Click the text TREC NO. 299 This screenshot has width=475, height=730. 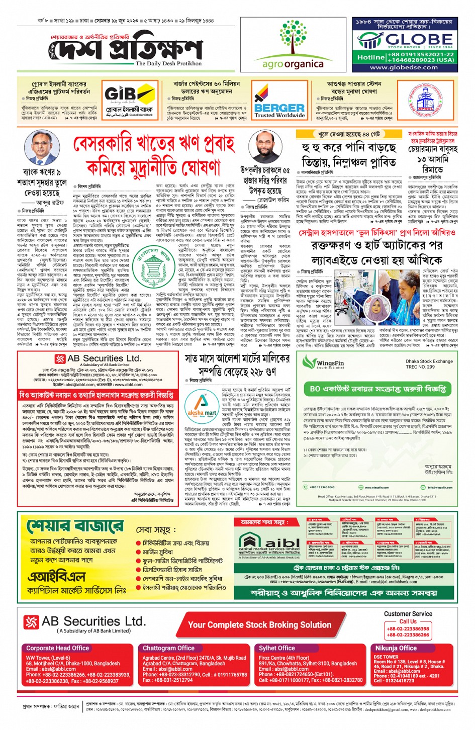[x=420, y=367]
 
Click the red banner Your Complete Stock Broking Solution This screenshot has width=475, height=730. [x=259, y=625]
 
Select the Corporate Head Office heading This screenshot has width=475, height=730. [x=58, y=648]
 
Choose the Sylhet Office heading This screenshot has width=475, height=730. [x=277, y=648]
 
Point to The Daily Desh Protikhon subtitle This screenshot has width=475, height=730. [x=168, y=64]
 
